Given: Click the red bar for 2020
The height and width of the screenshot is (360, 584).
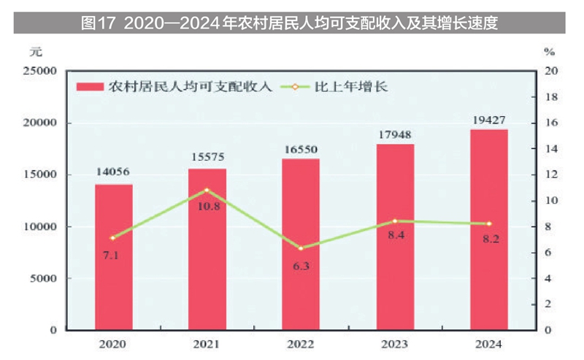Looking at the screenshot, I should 113,257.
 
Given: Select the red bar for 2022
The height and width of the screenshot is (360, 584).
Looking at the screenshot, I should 301,244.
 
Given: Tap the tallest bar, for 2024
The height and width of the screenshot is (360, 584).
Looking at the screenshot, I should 488,229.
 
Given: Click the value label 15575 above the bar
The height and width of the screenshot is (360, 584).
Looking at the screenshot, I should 207,157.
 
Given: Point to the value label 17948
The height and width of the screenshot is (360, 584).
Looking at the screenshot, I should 395,134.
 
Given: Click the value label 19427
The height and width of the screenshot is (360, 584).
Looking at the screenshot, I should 488,119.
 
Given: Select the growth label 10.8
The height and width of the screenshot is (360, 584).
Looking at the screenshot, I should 207,207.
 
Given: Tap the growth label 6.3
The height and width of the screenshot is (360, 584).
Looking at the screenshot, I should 301,266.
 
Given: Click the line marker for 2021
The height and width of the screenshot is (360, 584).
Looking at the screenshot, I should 207,190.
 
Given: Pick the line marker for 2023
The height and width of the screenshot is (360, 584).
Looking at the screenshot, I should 395,221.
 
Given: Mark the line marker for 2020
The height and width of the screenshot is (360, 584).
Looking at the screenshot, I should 112,238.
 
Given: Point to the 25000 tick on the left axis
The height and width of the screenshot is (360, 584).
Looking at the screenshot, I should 40,71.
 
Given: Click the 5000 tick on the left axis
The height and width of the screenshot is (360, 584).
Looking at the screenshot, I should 43,278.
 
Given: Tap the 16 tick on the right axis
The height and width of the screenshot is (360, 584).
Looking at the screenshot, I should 552,123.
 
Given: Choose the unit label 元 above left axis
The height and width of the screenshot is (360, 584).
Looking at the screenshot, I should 36,52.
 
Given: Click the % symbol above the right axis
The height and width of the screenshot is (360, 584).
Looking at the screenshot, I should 550,52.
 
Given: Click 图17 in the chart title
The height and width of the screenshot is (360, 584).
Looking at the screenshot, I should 99,23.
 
